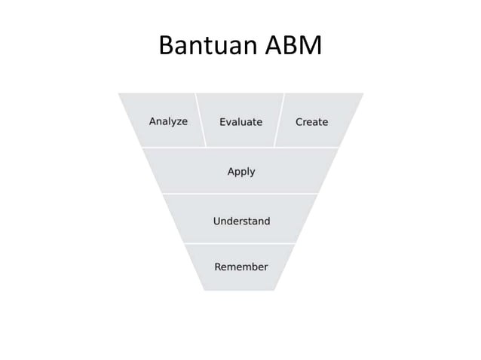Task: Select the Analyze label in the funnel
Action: tap(168, 121)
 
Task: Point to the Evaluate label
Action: tap(240, 121)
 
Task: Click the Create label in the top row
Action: tap(311, 121)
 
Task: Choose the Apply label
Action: tap(241, 172)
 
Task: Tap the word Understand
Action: tap(241, 221)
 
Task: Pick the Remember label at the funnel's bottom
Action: tap(241, 267)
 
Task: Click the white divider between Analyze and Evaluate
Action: tap(201, 121)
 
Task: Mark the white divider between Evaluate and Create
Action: tap(279, 121)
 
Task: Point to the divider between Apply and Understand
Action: tap(241, 194)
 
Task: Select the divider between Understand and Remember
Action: tap(241, 243)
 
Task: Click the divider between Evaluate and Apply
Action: tap(241, 147)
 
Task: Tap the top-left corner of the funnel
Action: tap(120, 94)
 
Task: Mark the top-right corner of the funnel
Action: tap(362, 94)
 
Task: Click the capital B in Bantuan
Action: tap(167, 47)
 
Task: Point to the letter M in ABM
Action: tap(310, 47)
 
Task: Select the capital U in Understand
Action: tap(217, 221)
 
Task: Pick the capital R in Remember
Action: tap(219, 267)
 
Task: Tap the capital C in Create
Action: tap(299, 121)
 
